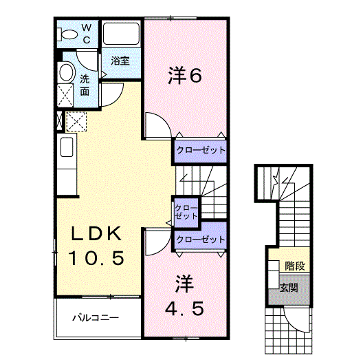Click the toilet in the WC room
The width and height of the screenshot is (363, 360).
[69, 34]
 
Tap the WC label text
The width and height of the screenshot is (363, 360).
[88, 33]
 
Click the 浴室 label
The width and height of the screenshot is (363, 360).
[121, 61]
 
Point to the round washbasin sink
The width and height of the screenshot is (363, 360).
[67, 72]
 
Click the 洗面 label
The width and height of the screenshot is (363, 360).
[85, 84]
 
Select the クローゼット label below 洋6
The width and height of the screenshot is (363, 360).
[199, 149]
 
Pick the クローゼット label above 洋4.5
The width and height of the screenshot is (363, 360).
[200, 240]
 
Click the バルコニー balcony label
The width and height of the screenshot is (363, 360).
[96, 318]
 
